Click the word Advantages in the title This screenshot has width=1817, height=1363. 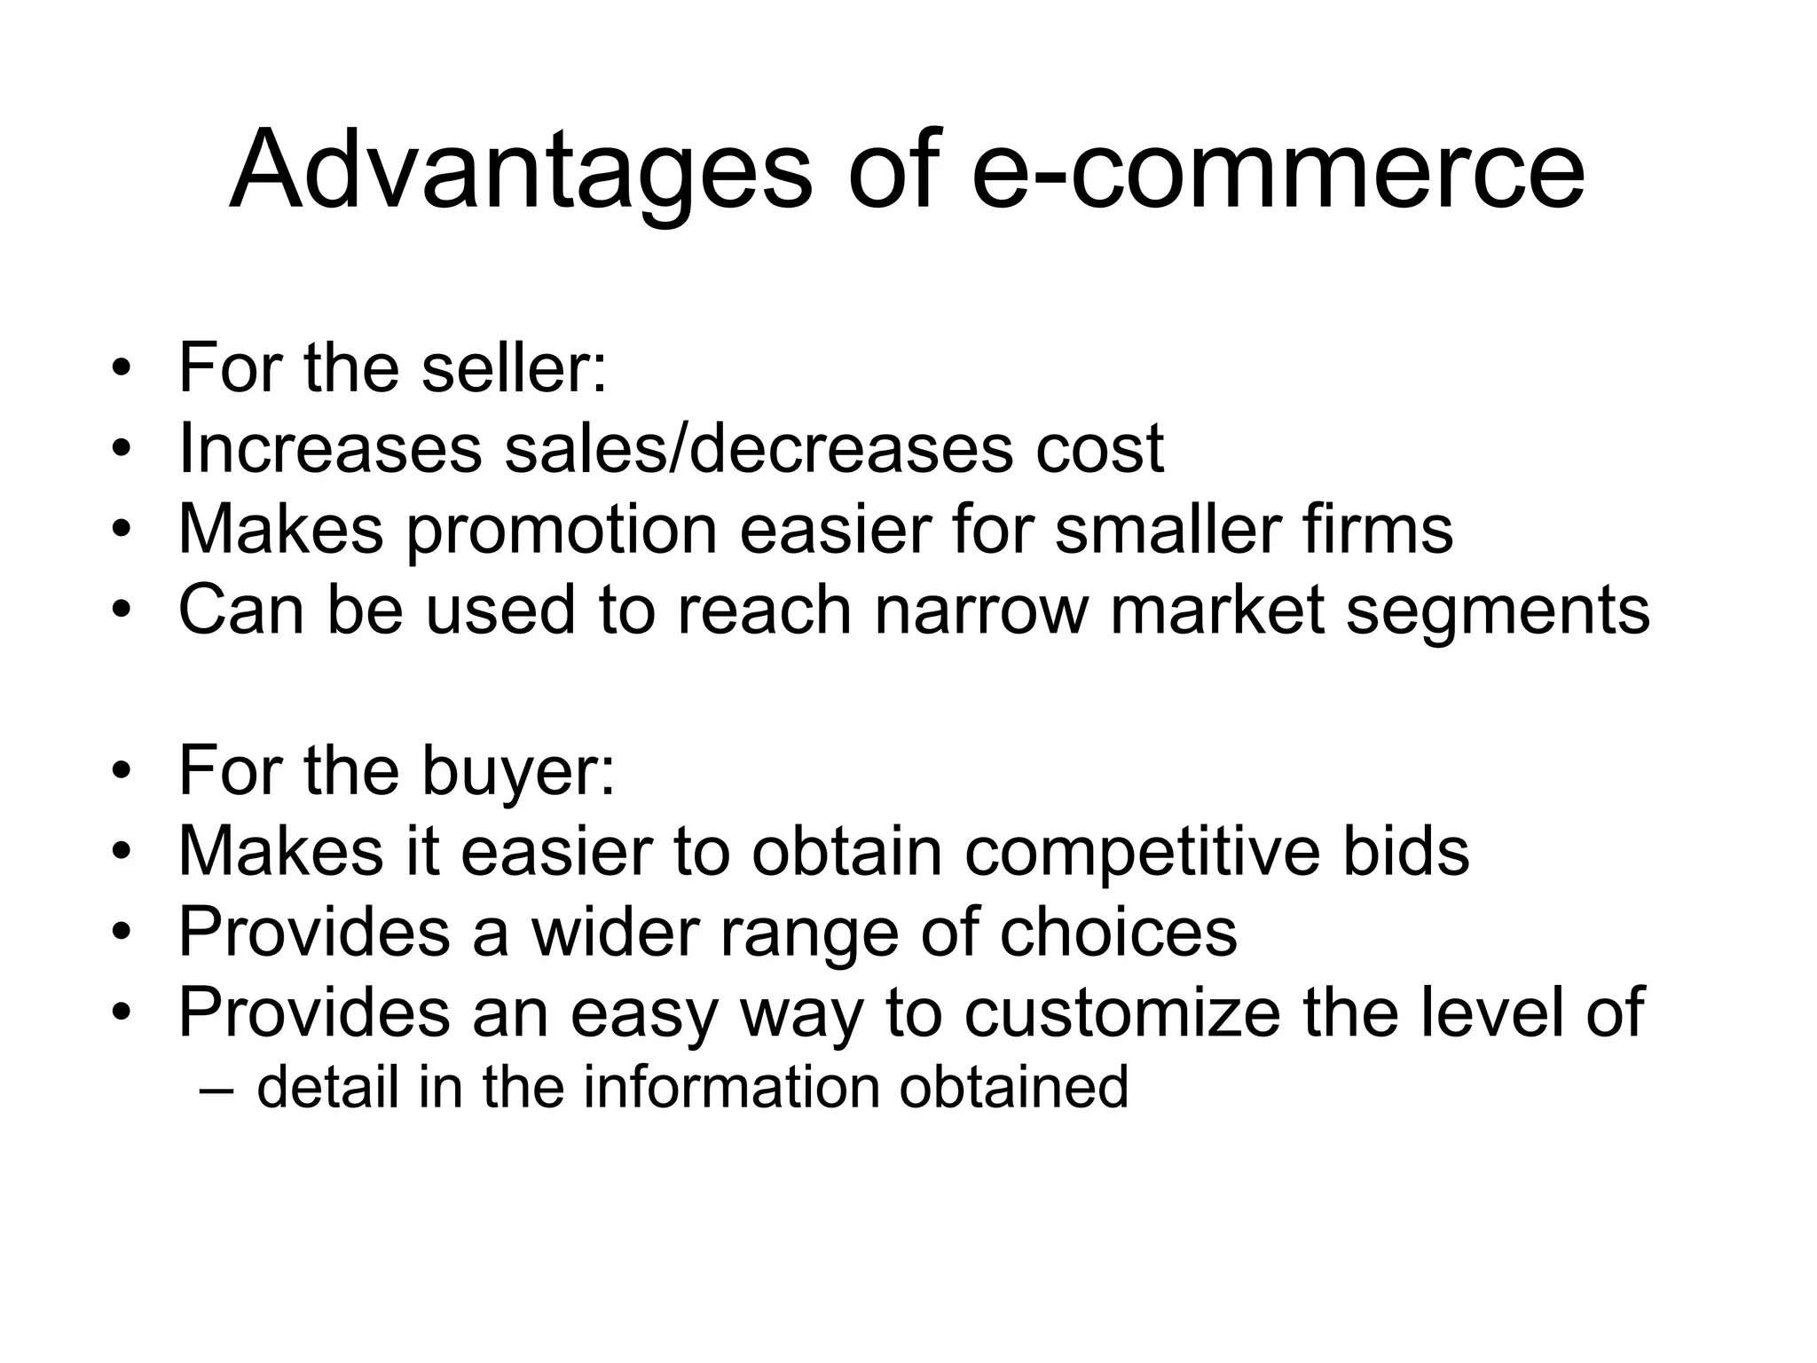click(520, 170)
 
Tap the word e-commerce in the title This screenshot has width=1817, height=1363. click(1278, 170)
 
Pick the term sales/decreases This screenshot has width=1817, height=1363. click(759, 448)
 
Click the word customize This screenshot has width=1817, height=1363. click(1122, 1012)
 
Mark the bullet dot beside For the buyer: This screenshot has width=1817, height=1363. click(122, 772)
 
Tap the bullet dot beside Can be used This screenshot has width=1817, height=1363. click(122, 611)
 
